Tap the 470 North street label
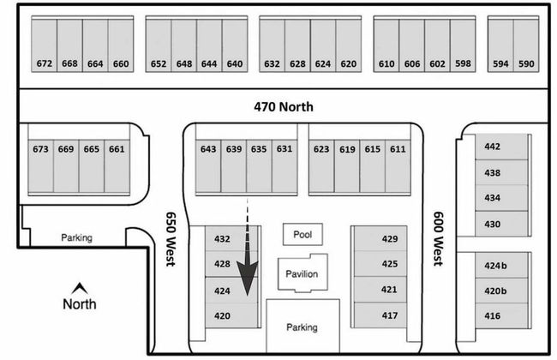(284, 107)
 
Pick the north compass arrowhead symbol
(79, 287)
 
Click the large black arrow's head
(249, 284)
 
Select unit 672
(45, 63)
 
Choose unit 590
(526, 63)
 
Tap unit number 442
(492, 147)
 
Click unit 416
(492, 316)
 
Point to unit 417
(390, 316)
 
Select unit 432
(223, 239)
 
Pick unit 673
(41, 148)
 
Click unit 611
(398, 148)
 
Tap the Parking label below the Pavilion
(301, 327)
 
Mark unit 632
(272, 63)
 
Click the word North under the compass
(79, 304)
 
